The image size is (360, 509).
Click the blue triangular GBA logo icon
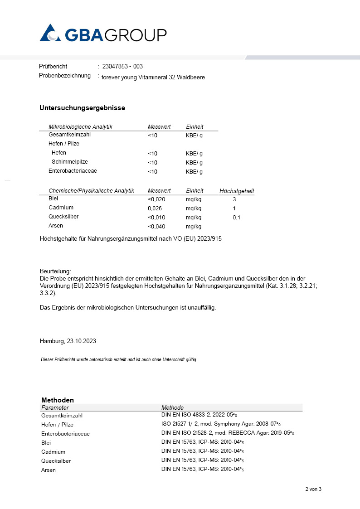[50, 34]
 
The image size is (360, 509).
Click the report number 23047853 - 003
[122, 67]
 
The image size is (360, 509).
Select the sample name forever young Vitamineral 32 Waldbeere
[153, 78]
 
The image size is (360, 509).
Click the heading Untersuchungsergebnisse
[82, 108]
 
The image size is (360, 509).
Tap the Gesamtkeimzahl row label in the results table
[70, 135]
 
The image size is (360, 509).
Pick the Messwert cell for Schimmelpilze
[152, 163]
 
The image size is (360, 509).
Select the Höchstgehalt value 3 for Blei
[234, 199]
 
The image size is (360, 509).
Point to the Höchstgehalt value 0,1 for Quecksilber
[237, 218]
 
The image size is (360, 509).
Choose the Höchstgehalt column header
[237, 191]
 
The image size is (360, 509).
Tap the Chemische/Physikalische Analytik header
[91, 191]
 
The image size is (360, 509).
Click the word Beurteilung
[55, 271]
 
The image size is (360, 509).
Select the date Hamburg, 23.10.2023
[68, 341]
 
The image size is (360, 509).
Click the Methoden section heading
[58, 400]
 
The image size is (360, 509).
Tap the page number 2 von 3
[313, 489]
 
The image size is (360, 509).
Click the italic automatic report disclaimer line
[119, 359]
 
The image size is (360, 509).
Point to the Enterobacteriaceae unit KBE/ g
[194, 172]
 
